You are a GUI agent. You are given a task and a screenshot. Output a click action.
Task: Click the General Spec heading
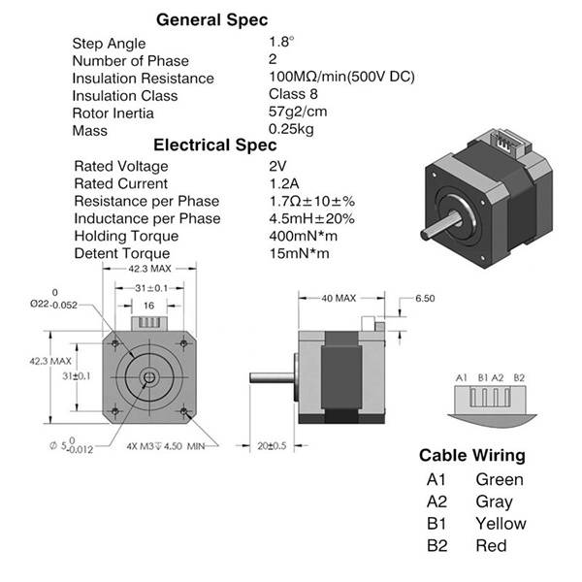(x=211, y=20)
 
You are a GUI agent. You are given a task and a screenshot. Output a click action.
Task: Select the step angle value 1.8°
(x=281, y=42)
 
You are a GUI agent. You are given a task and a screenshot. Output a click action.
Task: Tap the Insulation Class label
(x=125, y=96)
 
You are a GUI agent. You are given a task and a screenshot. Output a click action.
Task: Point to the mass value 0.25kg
(x=291, y=129)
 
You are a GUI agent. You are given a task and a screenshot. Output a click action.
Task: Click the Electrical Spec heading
(x=215, y=145)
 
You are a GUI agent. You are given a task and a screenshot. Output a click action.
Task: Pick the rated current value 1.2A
(x=284, y=183)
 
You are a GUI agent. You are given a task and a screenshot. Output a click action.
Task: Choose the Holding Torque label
(x=126, y=236)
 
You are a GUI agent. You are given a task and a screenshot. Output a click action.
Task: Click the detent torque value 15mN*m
(x=299, y=253)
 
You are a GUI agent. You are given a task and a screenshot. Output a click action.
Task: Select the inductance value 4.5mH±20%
(x=311, y=218)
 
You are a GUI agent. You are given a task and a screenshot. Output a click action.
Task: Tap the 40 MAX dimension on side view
(x=339, y=298)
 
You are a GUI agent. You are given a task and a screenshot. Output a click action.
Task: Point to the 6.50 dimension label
(x=425, y=299)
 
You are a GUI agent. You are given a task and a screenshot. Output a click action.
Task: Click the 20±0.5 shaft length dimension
(x=272, y=445)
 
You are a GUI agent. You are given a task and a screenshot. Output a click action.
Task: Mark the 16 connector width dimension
(x=148, y=306)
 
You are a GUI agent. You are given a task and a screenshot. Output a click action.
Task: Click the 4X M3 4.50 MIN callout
(x=166, y=446)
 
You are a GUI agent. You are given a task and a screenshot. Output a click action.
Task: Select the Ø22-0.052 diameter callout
(x=53, y=300)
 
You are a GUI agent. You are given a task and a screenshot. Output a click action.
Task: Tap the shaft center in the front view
(x=149, y=378)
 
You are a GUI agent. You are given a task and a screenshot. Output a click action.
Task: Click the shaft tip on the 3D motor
(x=425, y=234)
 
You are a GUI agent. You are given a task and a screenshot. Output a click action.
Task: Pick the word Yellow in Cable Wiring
(x=501, y=524)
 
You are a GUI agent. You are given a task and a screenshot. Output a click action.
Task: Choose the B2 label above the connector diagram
(x=519, y=378)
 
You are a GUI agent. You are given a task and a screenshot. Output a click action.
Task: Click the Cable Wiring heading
(x=472, y=456)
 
